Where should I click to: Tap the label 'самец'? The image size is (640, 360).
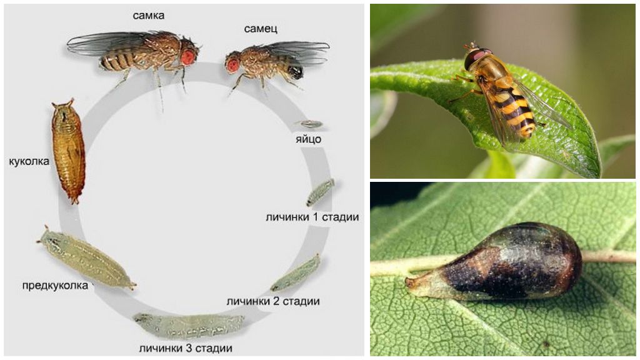tap(261, 29)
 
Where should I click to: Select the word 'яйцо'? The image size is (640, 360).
tap(309, 139)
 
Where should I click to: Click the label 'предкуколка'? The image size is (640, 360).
tap(56, 285)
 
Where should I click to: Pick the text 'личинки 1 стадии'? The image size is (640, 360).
tap(312, 217)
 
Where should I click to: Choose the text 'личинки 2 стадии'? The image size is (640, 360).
tap(273, 301)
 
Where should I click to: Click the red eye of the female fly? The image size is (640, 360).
tap(188, 57)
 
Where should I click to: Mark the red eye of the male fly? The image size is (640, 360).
tap(233, 64)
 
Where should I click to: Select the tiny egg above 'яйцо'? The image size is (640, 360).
tap(309, 124)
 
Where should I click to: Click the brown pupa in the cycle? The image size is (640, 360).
tap(67, 150)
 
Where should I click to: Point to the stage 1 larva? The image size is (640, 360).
tap(320, 192)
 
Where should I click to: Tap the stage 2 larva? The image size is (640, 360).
tap(296, 273)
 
